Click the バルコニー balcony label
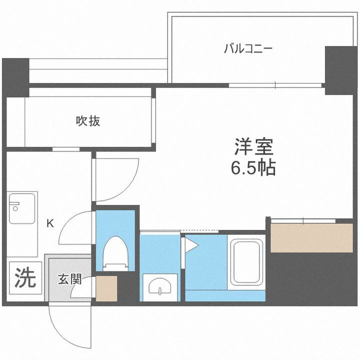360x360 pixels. (x=247, y=49)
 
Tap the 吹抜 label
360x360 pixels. (x=88, y=120)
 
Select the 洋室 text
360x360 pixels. (x=254, y=147)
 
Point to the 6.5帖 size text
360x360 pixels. (x=253, y=169)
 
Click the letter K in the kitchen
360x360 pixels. (x=50, y=223)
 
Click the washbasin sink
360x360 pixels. (x=159, y=286)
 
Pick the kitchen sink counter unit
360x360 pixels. (x=22, y=208)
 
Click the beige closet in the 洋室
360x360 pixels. (x=311, y=238)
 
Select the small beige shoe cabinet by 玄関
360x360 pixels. (x=106, y=288)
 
